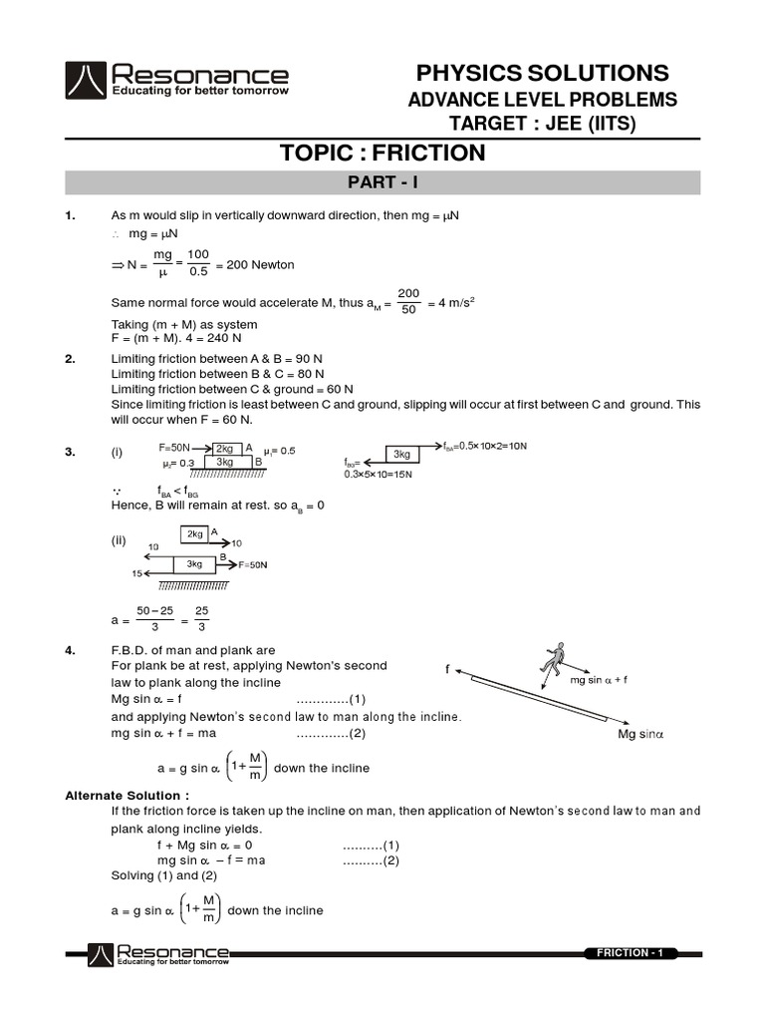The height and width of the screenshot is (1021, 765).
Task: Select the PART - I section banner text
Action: pos(382,182)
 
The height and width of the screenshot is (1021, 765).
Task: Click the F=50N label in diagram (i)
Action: pos(179,449)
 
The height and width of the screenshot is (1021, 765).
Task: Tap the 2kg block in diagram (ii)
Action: pos(194,534)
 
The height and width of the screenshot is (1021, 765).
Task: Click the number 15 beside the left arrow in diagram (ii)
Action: pos(136,573)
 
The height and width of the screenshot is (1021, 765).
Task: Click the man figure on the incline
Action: pos(551,660)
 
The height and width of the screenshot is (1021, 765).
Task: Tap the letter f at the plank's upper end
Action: pos(448,670)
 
